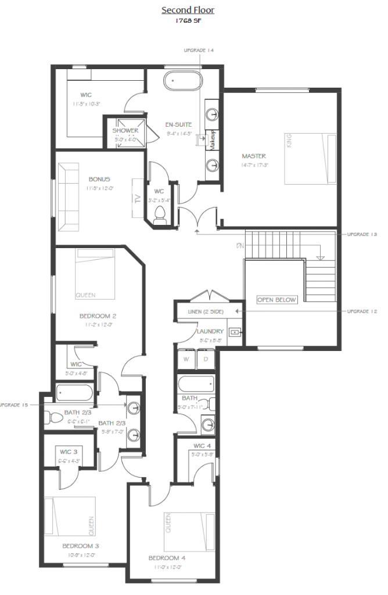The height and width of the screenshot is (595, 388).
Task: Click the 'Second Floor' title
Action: click(x=188, y=10)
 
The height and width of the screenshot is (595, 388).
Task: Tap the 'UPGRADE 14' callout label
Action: click(x=199, y=51)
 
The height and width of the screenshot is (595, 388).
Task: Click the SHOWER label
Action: click(x=125, y=131)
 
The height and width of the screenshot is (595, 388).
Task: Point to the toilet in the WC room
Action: click(x=161, y=215)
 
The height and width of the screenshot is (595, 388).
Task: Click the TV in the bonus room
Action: click(x=138, y=198)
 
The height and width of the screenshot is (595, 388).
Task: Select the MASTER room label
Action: click(x=254, y=156)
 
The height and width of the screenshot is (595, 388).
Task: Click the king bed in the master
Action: click(x=310, y=159)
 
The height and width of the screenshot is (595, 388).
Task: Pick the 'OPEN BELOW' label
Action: click(x=276, y=300)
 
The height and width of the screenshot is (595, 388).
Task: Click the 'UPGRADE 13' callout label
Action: click(x=362, y=234)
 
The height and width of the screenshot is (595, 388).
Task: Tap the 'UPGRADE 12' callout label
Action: click(x=362, y=311)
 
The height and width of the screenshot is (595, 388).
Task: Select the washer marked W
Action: click(x=186, y=359)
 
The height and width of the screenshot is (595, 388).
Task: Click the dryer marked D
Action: click(x=205, y=359)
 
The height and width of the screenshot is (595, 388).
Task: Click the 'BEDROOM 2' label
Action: click(x=98, y=316)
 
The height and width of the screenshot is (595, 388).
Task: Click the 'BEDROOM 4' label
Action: click(x=167, y=558)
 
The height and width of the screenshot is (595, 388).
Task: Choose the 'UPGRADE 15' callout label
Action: click(x=13, y=404)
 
